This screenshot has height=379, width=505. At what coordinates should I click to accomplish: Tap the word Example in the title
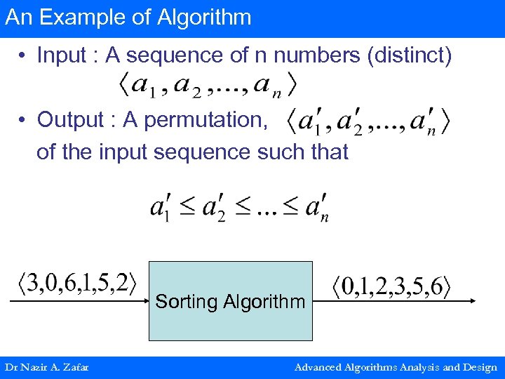click(x=74, y=18)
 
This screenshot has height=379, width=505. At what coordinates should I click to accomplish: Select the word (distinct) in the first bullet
click(x=410, y=55)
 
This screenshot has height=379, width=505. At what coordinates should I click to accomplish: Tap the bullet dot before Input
click(x=23, y=55)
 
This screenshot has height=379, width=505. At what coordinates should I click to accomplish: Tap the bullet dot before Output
click(x=23, y=120)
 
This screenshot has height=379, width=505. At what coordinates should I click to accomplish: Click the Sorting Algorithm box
click(x=230, y=301)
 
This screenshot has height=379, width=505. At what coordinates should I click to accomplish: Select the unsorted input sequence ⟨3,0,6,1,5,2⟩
click(x=76, y=284)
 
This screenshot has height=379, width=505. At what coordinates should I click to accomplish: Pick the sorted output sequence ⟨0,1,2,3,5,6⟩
click(x=391, y=287)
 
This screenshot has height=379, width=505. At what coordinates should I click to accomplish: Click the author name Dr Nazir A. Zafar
click(x=46, y=367)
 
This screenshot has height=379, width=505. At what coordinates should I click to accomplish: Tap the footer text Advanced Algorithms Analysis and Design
click(x=396, y=367)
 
